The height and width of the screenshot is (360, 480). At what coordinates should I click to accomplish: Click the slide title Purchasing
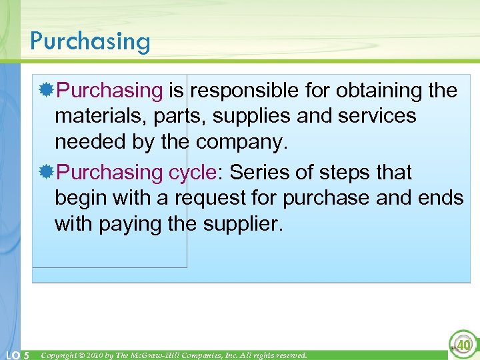(x=90, y=41)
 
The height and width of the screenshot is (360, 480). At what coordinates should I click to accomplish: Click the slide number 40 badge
(x=462, y=345)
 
